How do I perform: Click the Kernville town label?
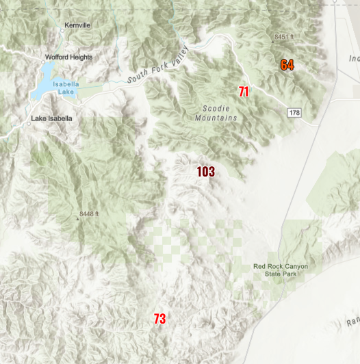[77, 25]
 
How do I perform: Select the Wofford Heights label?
[68, 57]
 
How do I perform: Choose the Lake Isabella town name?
[51, 118]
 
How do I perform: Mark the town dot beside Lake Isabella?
[29, 124]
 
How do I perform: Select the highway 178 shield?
[294, 113]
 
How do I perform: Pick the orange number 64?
[287, 65]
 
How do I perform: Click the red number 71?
[244, 91]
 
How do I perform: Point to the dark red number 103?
[206, 171]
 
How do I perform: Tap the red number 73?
[159, 319]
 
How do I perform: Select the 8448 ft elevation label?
[89, 214]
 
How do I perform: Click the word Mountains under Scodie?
[220, 118]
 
